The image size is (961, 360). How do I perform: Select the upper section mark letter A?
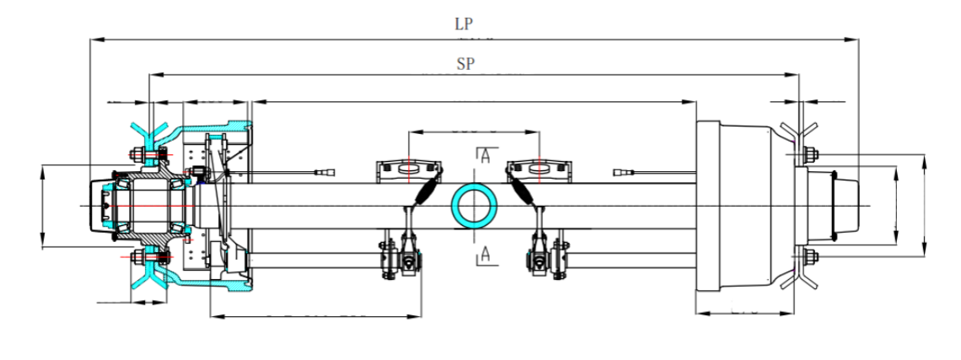coord(484,154)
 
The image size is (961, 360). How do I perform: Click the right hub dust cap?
coord(846,206)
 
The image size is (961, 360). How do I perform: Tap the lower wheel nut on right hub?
coord(808,257)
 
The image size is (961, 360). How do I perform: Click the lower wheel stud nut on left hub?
coord(135,256)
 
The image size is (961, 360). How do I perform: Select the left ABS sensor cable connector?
coord(323,175)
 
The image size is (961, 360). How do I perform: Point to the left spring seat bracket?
coord(408,168)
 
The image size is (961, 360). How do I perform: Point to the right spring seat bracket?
coord(539,168)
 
